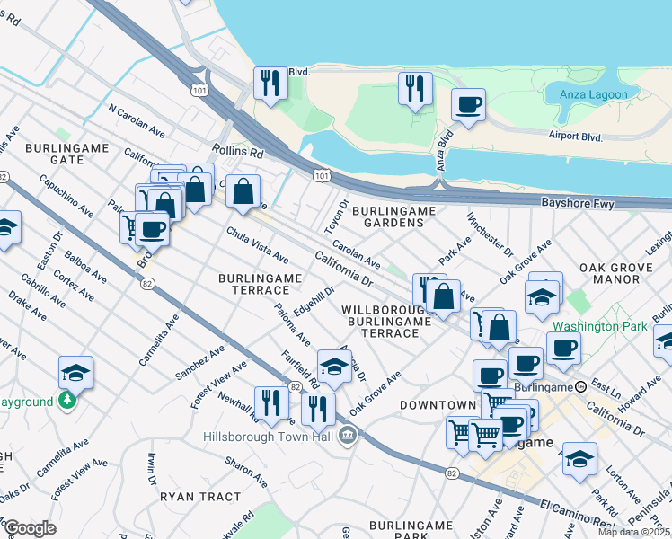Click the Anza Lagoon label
(x=599, y=93)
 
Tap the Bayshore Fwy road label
(x=578, y=205)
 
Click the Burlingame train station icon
(x=581, y=386)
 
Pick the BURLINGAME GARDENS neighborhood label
(x=393, y=217)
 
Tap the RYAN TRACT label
(x=200, y=496)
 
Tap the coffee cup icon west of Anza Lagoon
(x=468, y=106)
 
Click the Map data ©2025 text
(x=634, y=532)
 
